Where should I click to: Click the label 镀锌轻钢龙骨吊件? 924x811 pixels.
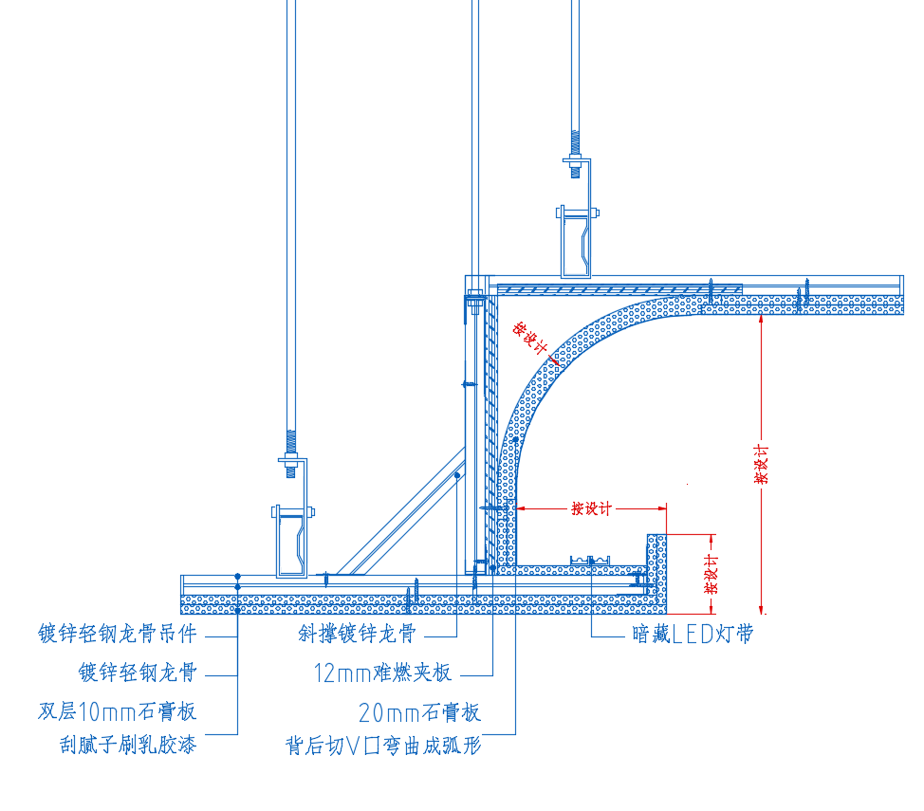118,634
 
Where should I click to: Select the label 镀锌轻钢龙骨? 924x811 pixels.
138,673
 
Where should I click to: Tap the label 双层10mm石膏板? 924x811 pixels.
118,711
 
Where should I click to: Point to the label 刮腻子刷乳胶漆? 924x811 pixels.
128,745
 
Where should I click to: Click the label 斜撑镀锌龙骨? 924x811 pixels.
357,634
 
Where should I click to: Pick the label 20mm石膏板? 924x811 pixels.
419,712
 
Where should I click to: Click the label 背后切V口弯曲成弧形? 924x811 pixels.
383,746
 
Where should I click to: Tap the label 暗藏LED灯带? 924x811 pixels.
693,635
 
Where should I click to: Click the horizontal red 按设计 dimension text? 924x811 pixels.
591,508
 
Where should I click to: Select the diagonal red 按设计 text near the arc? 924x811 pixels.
529,338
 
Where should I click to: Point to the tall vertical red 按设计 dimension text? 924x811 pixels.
762,465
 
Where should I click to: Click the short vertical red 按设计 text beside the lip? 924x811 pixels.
711,574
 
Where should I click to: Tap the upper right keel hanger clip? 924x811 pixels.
576,241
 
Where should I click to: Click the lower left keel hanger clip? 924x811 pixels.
291,541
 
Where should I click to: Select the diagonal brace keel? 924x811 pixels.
400,511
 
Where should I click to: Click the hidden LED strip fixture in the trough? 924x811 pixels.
590,560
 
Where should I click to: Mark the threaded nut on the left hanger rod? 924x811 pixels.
290,460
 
